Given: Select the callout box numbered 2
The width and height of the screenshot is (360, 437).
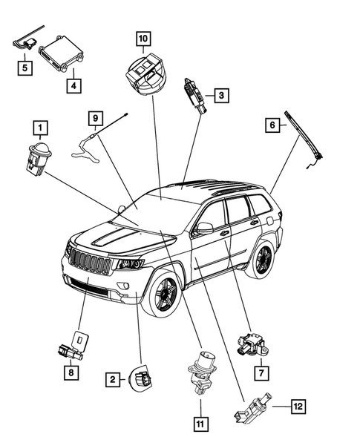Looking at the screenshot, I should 113,380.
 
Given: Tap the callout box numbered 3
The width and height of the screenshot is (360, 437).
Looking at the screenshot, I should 220,94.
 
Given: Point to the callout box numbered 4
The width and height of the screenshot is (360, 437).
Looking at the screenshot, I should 73,85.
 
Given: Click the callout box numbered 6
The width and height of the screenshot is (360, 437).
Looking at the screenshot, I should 272,126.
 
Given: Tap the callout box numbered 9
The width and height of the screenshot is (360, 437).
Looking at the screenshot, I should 95,117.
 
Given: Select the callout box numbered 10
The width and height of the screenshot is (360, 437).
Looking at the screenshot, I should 143,37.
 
